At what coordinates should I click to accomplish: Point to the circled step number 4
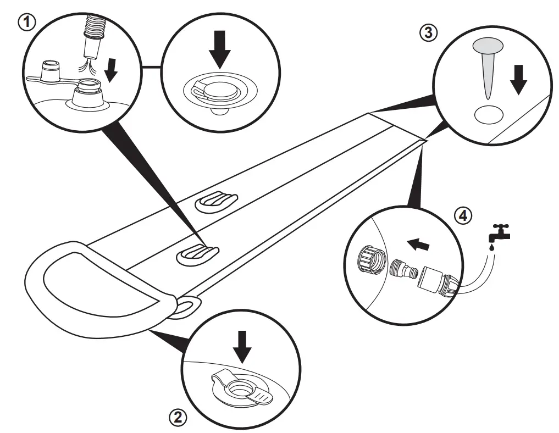464,215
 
